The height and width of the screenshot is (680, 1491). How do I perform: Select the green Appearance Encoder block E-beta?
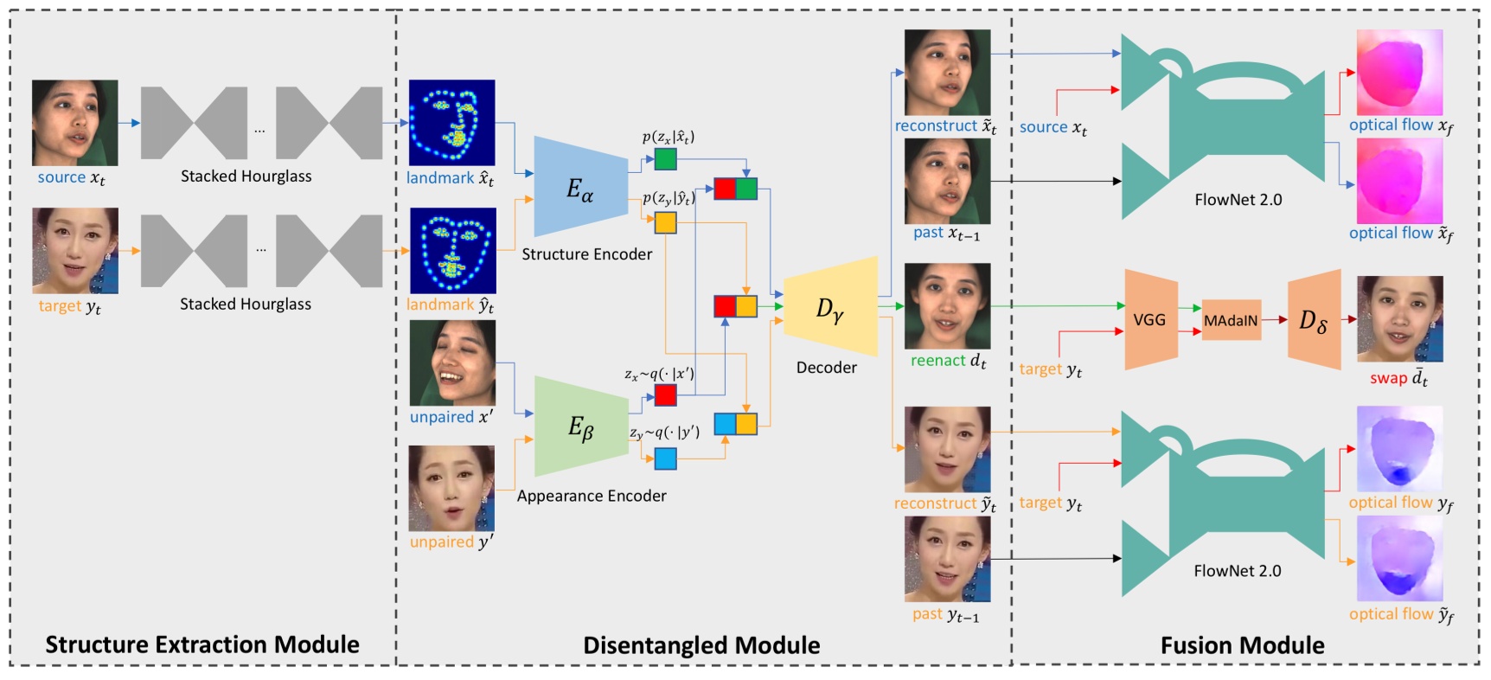click(580, 426)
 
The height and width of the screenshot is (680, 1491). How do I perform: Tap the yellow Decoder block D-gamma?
click(829, 307)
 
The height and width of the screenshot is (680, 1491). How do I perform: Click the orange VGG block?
click(1150, 319)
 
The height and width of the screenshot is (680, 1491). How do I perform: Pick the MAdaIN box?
click(1231, 320)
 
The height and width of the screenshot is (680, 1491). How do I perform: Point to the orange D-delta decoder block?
click(1314, 320)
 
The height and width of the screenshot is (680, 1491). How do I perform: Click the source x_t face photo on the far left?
click(74, 123)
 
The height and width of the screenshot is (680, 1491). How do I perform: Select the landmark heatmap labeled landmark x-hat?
click(451, 123)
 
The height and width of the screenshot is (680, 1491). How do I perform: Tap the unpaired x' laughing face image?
click(452, 362)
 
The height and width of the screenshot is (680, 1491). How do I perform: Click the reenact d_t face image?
click(947, 306)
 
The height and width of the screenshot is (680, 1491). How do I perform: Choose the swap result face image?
click(1399, 319)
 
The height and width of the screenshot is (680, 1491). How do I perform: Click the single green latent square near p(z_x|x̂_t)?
click(665, 159)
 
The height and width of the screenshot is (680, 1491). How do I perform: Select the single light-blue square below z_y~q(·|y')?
click(665, 458)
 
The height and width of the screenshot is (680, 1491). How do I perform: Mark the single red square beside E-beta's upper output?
click(665, 395)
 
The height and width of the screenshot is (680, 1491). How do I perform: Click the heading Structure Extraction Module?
click(202, 645)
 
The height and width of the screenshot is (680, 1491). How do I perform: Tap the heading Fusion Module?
click(1242, 645)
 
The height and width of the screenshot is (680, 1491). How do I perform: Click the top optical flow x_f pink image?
click(1399, 72)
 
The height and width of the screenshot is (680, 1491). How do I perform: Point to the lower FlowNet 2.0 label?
click(1237, 571)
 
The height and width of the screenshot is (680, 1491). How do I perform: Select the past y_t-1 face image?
click(947, 559)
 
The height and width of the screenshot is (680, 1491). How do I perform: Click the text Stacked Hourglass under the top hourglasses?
click(246, 176)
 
